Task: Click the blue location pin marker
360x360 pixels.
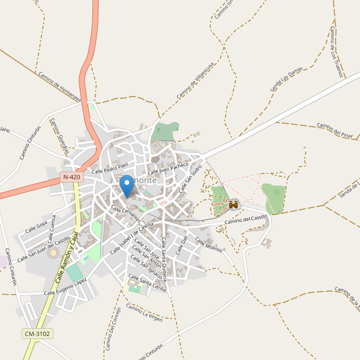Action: pyautogui.click(x=127, y=187)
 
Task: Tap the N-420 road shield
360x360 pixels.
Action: pyautogui.click(x=71, y=178)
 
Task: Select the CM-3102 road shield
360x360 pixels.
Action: pyautogui.click(x=37, y=334)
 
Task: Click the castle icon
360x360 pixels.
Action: pyautogui.click(x=233, y=205)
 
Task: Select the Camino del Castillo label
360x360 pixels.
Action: pyautogui.click(x=245, y=220)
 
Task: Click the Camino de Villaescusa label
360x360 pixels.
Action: pyautogui.click(x=194, y=84)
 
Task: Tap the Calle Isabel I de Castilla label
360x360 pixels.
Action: pyautogui.click(x=128, y=238)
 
